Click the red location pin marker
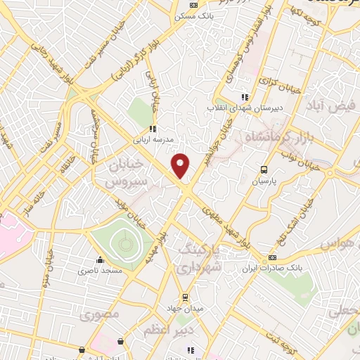181,165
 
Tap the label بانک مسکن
186,15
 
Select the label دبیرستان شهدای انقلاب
239,108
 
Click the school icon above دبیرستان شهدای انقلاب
245,98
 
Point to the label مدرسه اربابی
151,139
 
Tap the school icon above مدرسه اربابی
152,129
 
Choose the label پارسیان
266,180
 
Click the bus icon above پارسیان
264,169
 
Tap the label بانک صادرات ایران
271,268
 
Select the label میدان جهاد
184,307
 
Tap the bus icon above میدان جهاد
186,297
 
